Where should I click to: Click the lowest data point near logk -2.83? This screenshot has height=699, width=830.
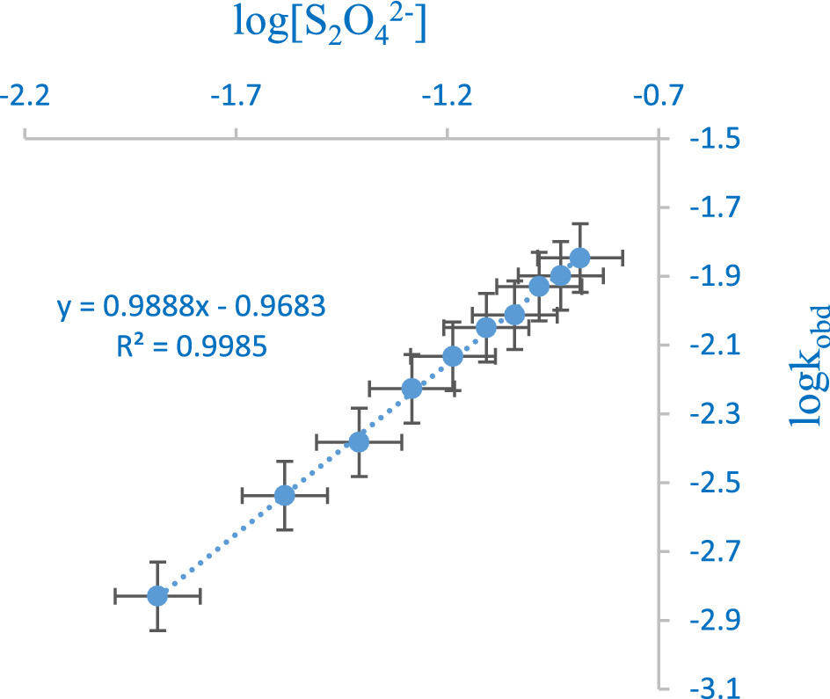coord(157,596)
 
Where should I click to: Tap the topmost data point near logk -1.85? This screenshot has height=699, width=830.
coord(579,258)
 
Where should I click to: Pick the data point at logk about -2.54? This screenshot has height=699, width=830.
coord(284,496)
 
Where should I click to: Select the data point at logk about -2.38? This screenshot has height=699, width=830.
coord(359,441)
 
